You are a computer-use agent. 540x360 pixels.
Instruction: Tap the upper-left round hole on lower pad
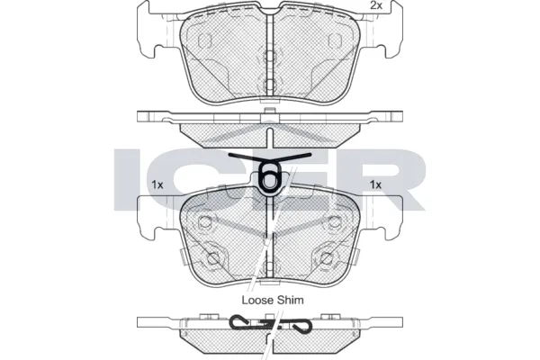(x=205, y=222)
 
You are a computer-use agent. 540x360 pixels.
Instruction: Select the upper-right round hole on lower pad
(x=333, y=222)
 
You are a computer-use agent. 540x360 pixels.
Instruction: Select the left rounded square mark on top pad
(x=203, y=40)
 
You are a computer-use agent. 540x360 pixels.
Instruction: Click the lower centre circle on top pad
(x=269, y=84)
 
